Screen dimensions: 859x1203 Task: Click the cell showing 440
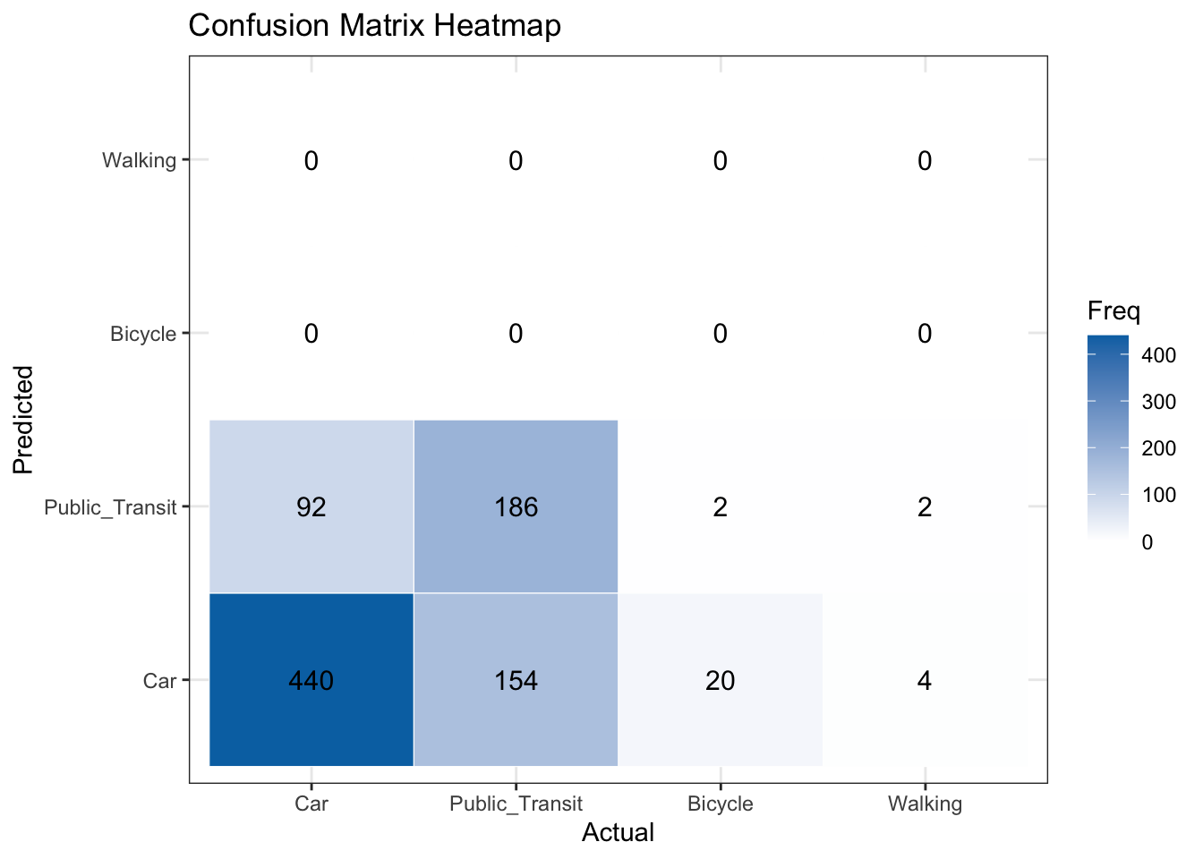click(x=311, y=680)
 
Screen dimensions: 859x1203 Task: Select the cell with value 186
click(x=516, y=507)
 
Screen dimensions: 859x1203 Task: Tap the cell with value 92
click(x=311, y=507)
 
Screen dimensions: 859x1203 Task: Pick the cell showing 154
click(x=516, y=680)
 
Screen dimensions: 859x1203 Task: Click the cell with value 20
click(x=720, y=680)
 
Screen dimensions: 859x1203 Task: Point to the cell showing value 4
click(x=925, y=680)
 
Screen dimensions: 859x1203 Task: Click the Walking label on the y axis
click(x=140, y=161)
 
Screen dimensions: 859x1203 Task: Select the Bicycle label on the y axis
click(x=143, y=335)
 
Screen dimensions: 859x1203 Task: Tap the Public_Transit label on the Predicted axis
click(x=111, y=508)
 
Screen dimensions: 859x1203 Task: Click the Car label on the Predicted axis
click(x=160, y=682)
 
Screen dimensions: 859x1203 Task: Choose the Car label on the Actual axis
click(x=311, y=804)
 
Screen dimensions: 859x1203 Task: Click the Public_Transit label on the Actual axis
click(x=516, y=804)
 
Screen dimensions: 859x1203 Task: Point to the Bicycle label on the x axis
click(x=720, y=804)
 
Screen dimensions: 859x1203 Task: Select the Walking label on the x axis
click(x=925, y=804)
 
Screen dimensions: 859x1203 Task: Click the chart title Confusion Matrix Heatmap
click(x=375, y=25)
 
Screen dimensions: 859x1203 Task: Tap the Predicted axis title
click(x=23, y=419)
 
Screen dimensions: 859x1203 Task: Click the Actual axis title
click(x=618, y=833)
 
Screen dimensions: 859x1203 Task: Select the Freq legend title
click(x=1113, y=311)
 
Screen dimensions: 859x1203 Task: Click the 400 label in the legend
click(x=1159, y=355)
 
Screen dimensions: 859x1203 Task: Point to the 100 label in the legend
click(x=1159, y=495)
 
